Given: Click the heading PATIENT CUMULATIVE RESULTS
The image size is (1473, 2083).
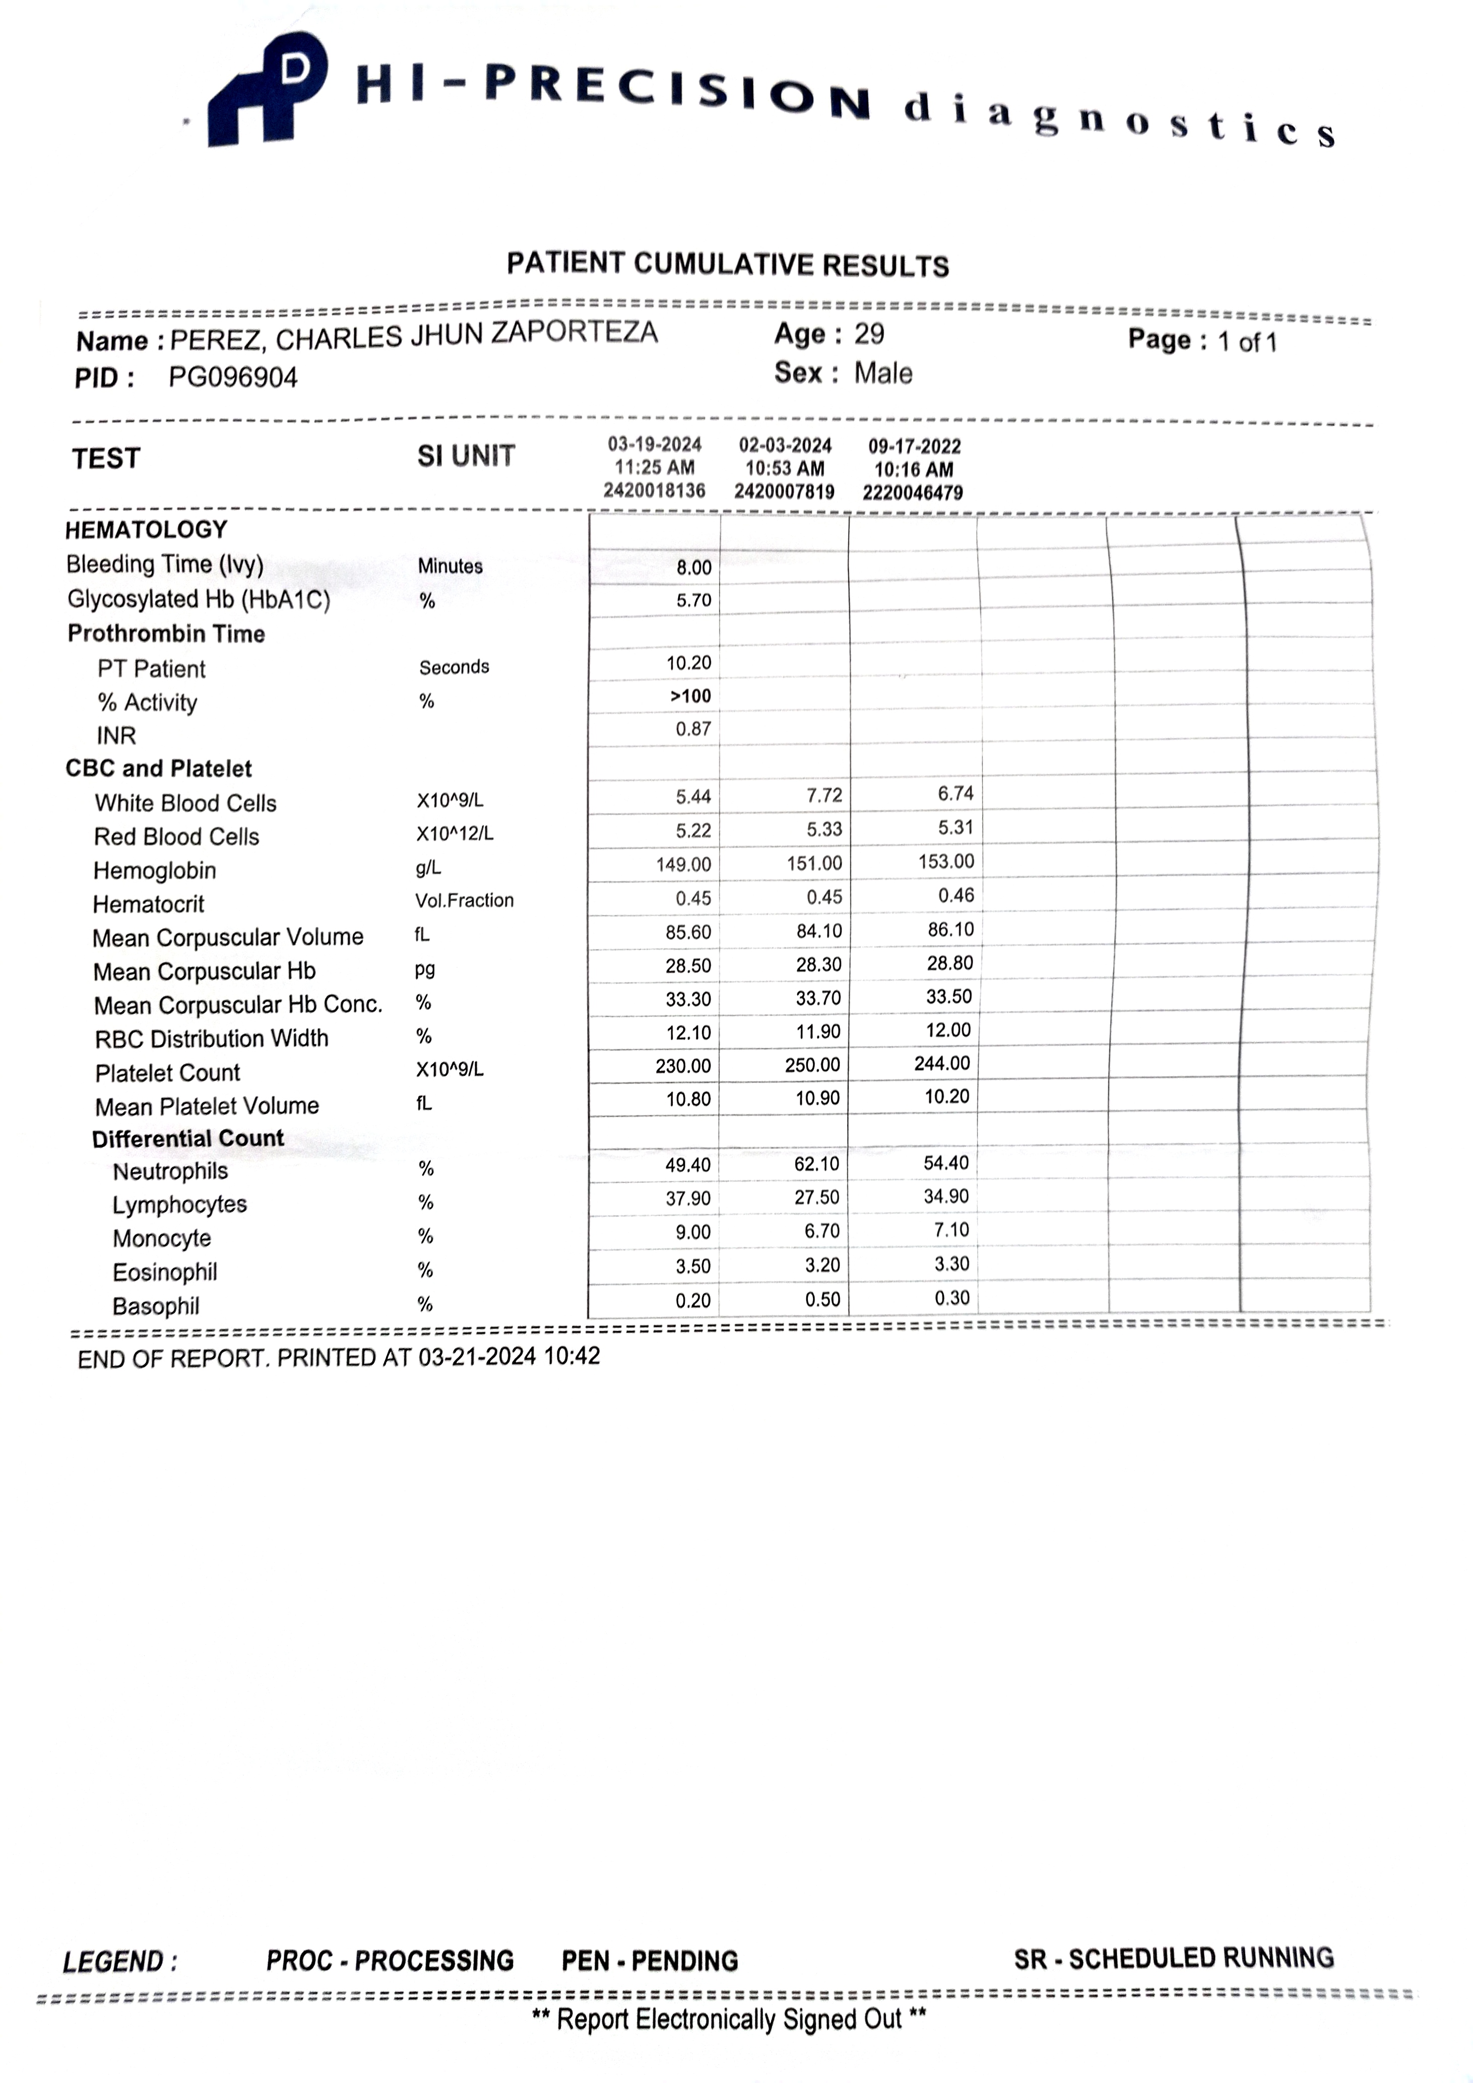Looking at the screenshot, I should tap(728, 265).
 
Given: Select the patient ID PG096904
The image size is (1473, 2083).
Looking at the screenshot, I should tap(233, 377).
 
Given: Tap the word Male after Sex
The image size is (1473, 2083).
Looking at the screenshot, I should tap(882, 373).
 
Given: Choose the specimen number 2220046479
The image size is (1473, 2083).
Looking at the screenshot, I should tap(913, 492).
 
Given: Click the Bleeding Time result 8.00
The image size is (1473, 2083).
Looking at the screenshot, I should tap(694, 568).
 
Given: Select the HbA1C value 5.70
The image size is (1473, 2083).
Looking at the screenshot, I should tap(694, 601).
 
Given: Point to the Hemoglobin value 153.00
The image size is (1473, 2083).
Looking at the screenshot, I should tap(946, 861).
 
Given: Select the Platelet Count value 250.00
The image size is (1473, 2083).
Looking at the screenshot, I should tap(813, 1064).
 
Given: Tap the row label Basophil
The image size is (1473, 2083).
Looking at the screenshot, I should tap(155, 1306).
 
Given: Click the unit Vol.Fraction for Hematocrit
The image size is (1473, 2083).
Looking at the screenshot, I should tap(465, 900).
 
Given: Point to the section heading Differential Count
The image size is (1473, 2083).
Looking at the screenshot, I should tap(188, 1139).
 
